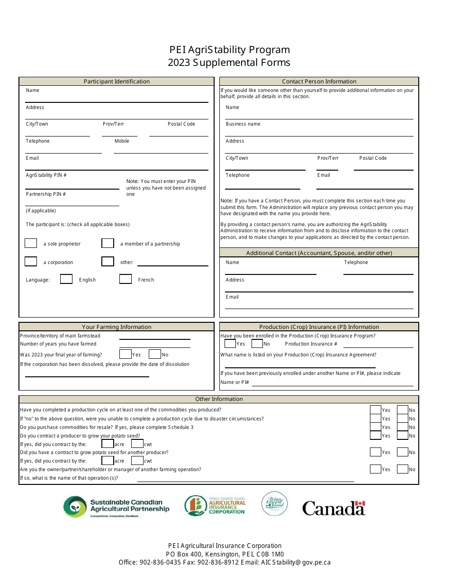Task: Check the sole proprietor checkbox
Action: click(x=31, y=243)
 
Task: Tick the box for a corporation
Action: click(x=31, y=262)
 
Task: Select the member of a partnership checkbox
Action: click(x=108, y=243)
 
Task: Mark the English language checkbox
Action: click(x=66, y=279)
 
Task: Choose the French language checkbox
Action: click(x=126, y=279)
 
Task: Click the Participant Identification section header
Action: click(x=117, y=81)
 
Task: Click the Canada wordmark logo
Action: click(x=334, y=508)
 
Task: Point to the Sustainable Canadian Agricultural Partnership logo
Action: click(x=116, y=507)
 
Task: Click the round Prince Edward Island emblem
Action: click(x=274, y=503)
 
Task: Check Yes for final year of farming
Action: click(x=126, y=354)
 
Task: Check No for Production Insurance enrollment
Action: click(x=257, y=344)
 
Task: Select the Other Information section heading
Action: click(x=219, y=399)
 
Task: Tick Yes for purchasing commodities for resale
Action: click(x=376, y=427)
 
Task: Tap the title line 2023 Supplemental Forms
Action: click(x=229, y=63)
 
